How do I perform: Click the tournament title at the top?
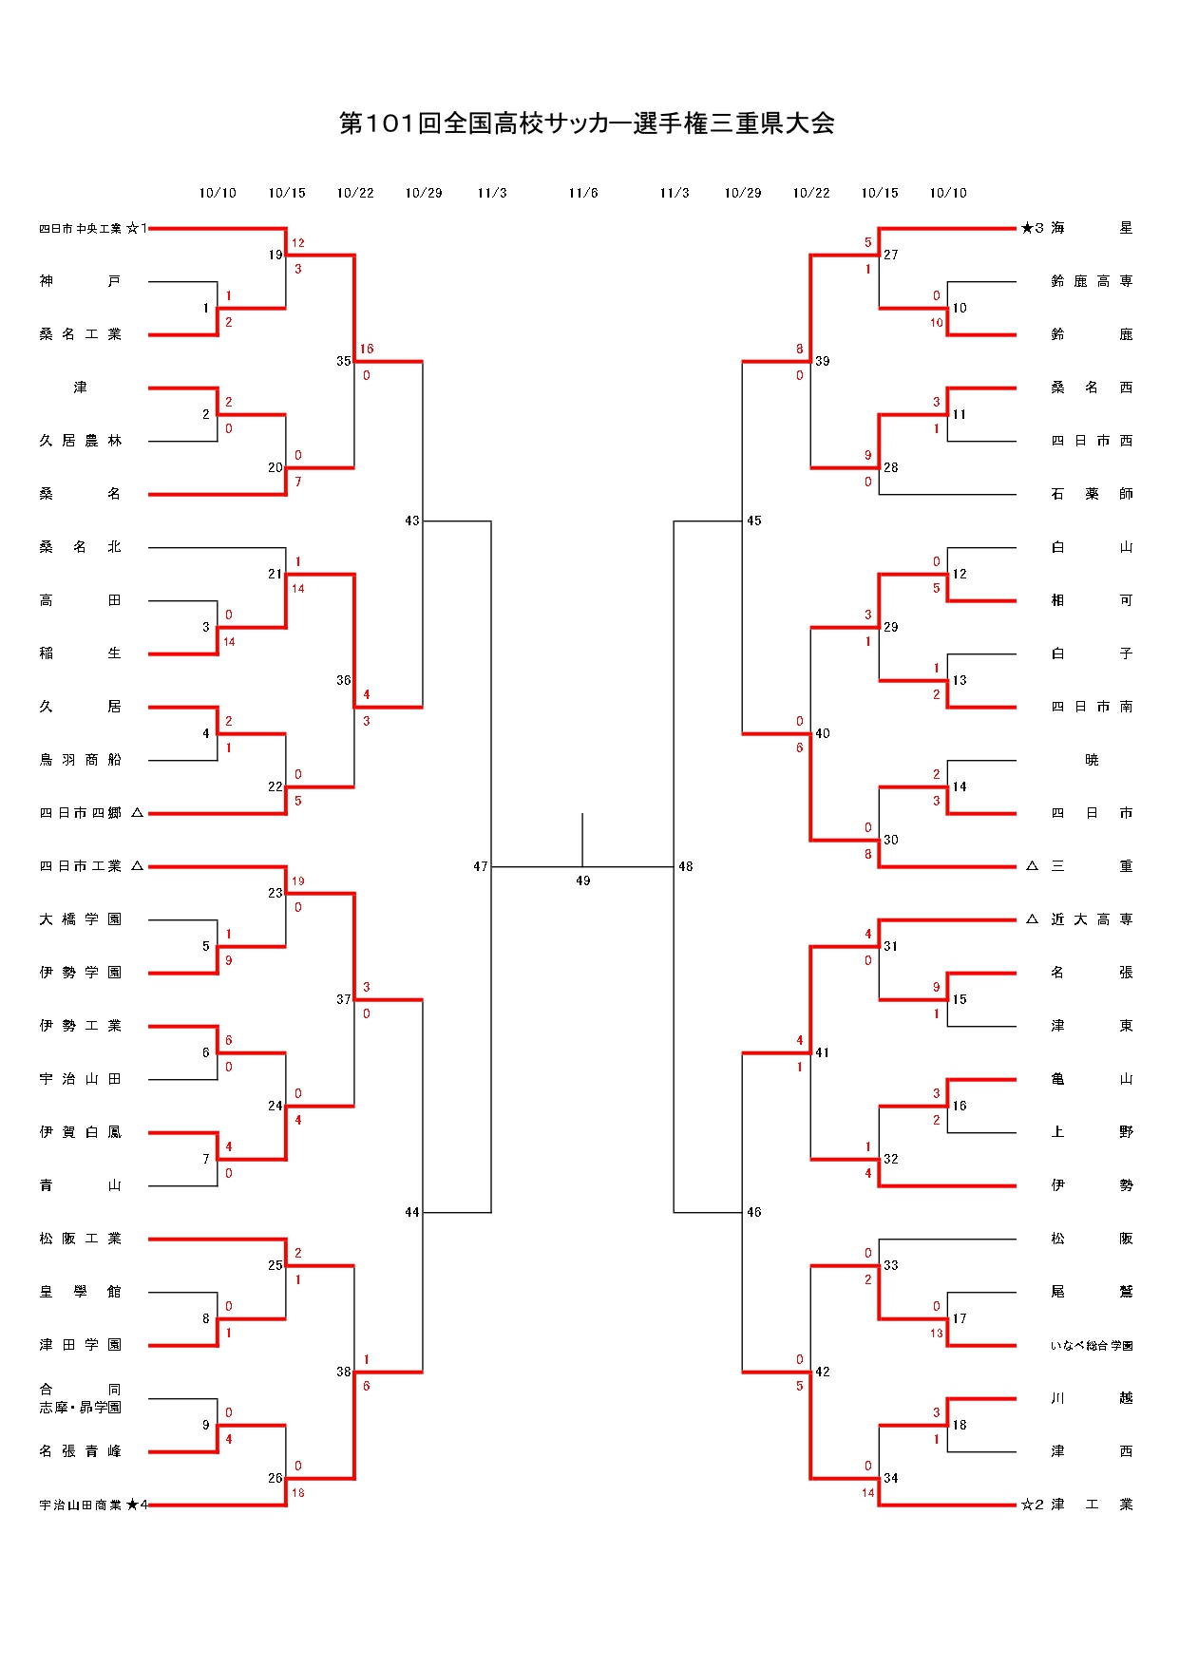587,123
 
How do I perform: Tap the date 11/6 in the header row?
583,193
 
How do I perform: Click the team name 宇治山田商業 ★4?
93,1505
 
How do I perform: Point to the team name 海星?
1091,228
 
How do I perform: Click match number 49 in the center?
583,881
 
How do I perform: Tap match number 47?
480,866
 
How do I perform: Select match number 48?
686,866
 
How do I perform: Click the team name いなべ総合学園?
1091,1345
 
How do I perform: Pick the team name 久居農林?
81,441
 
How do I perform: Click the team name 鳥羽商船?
81,760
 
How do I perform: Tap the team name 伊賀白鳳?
81,1132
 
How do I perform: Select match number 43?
411,521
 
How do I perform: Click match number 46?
754,1212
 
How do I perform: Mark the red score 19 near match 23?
298,881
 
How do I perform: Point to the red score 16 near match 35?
367,350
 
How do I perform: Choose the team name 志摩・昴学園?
81,1408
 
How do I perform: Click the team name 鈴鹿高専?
1091,281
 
